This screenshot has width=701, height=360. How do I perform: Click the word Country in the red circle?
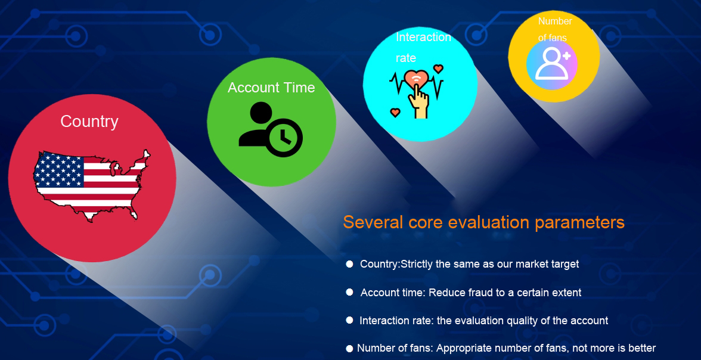[89, 121]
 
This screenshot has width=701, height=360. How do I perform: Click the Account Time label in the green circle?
[271, 88]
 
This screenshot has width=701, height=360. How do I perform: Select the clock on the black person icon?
[283, 138]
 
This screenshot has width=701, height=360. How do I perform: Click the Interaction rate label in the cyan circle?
[423, 48]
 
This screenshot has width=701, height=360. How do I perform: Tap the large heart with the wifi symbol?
[416, 80]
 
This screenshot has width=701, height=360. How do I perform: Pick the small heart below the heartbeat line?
[395, 112]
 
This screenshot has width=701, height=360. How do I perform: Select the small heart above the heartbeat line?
[439, 69]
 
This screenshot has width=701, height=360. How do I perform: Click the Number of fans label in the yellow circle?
[555, 30]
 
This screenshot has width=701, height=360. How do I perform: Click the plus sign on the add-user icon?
[566, 56]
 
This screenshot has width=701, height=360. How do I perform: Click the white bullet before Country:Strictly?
[349, 264]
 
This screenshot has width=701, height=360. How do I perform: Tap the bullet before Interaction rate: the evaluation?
[349, 320]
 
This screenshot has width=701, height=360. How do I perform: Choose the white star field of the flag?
[58, 169]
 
